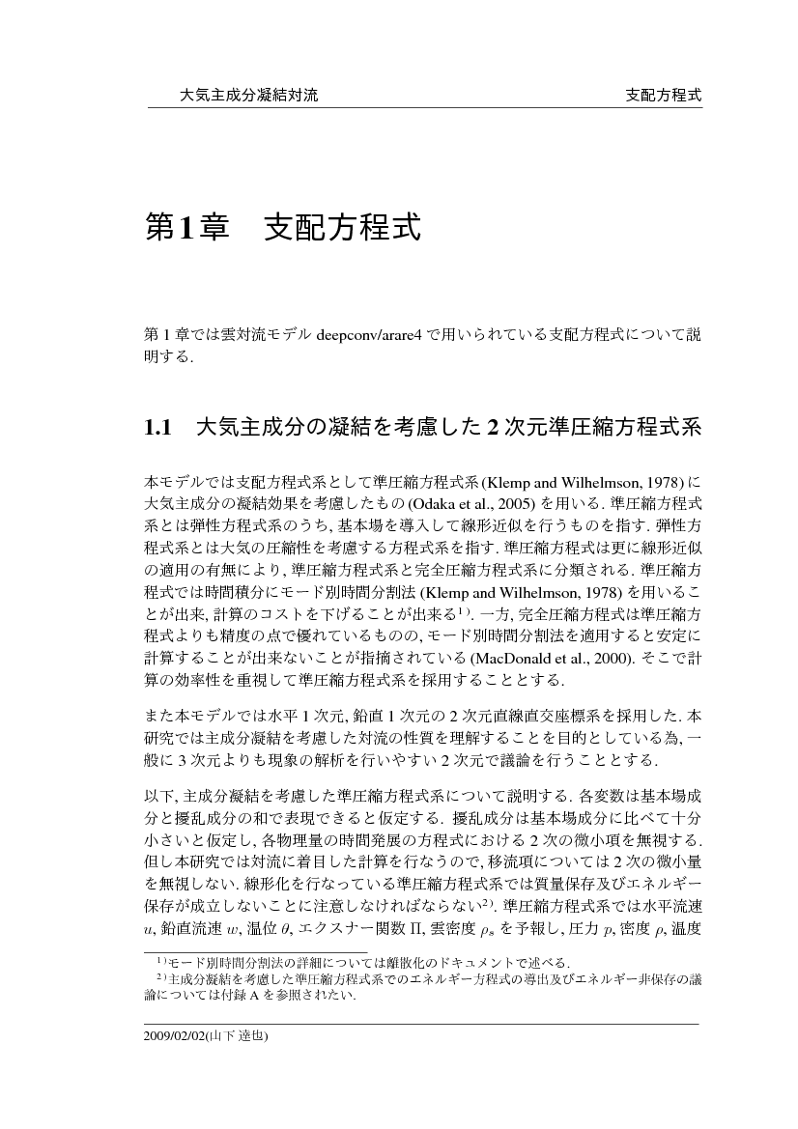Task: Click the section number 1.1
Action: pos(157,427)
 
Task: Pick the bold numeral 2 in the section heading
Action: pos(492,427)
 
